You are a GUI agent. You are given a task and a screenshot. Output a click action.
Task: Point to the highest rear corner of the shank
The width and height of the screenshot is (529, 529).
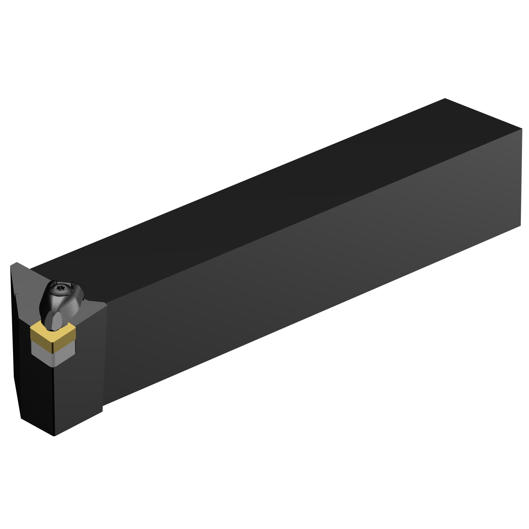pos(445,99)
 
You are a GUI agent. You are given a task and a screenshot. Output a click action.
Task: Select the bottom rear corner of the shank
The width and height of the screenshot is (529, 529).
pos(521,226)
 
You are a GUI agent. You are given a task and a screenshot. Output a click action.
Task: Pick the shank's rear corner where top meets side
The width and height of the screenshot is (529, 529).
pos(521,129)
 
